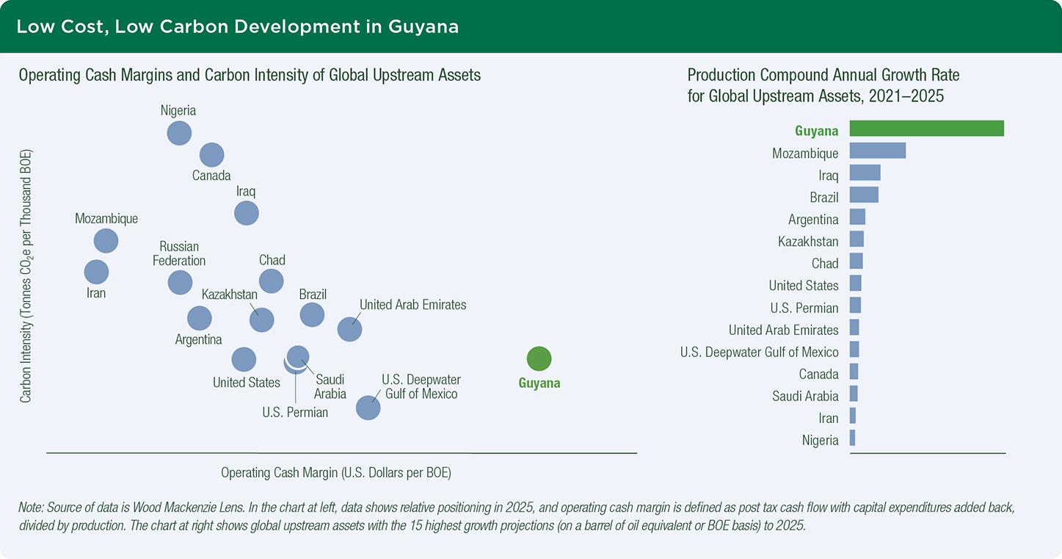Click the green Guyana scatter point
[539, 358]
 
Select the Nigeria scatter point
[179, 133]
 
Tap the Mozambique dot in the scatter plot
[106, 241]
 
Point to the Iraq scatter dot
[246, 213]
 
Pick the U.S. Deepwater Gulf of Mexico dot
[368, 407]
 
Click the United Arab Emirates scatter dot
[349, 329]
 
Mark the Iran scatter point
[96, 272]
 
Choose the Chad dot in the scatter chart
[271, 280]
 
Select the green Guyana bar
[926, 129]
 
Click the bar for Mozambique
[877, 151]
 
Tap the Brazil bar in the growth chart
[864, 195]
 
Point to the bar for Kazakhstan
[856, 239]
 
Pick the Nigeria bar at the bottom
[852, 438]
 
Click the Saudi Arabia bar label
[805, 397]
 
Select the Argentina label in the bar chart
[813, 220]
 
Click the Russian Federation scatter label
[179, 253]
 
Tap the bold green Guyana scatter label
[539, 383]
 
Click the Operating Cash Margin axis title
[336, 473]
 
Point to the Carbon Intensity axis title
[26, 275]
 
